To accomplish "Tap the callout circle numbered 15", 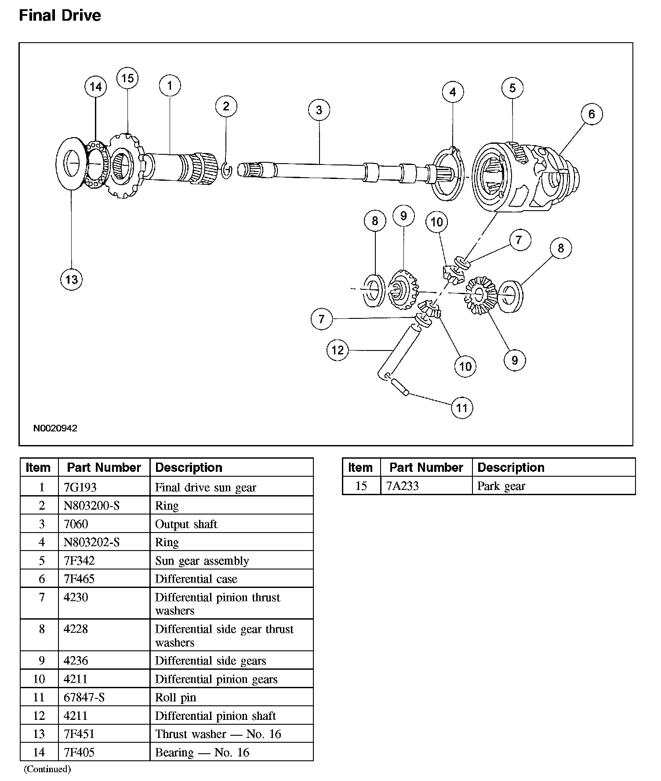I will click(x=127, y=78).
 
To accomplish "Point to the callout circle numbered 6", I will click(x=591, y=114).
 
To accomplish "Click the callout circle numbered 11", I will click(x=461, y=408).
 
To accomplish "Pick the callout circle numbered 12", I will click(x=338, y=350).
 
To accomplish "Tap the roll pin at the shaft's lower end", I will click(x=400, y=387).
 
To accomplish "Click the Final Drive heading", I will click(x=60, y=15).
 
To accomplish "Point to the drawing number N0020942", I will click(x=55, y=428).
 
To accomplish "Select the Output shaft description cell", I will click(x=186, y=524).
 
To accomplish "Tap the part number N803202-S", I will click(x=91, y=542).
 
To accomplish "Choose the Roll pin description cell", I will click(x=176, y=697).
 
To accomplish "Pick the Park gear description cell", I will click(x=501, y=486).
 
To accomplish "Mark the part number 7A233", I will click(x=402, y=486).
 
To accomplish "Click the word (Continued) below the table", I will click(x=47, y=769).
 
